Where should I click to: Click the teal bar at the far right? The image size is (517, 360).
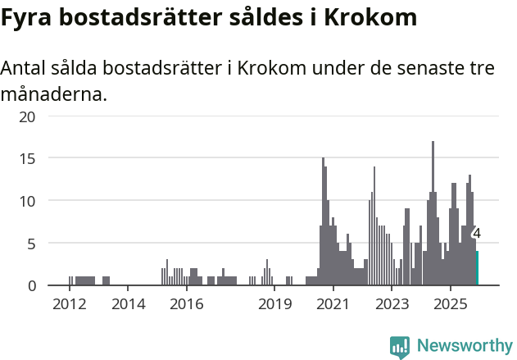click(x=476, y=268)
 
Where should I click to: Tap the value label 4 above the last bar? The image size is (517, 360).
click(x=477, y=234)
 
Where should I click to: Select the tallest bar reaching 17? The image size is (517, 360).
click(x=433, y=213)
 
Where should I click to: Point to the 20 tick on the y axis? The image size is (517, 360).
click(x=28, y=116)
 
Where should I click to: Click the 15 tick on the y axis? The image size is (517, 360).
click(x=28, y=157)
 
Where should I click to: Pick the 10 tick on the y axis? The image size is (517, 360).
click(x=28, y=200)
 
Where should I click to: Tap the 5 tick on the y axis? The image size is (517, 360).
click(x=31, y=243)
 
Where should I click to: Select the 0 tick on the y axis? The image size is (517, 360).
click(x=31, y=285)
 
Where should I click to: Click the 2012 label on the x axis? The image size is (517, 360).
click(x=70, y=305)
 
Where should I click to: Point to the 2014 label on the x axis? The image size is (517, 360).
click(x=128, y=305)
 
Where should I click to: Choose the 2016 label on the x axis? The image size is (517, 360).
click(x=187, y=305)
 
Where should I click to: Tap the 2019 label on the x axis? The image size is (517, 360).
click(x=274, y=305)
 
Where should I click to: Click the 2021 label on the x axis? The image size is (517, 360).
click(x=333, y=305)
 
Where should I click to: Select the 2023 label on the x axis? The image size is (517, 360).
click(x=392, y=305)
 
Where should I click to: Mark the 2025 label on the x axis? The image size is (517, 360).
click(x=451, y=305)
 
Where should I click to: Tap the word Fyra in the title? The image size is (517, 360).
click(x=25, y=17)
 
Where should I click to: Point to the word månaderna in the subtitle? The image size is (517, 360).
click(x=53, y=94)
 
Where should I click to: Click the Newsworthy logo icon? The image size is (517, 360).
click(x=400, y=346)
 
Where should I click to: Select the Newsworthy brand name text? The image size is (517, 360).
click(x=465, y=346)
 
